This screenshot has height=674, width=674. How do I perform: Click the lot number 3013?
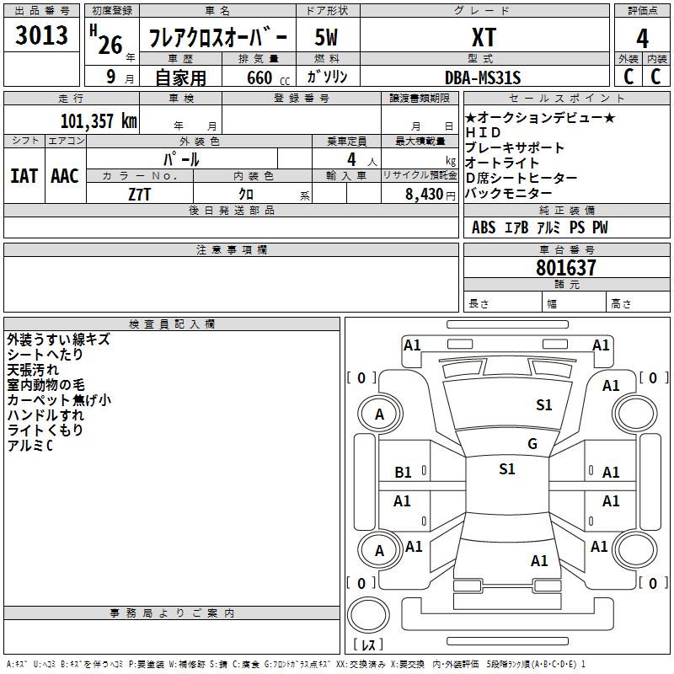tap(42, 35)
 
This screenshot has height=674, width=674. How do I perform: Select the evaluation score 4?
tap(643, 39)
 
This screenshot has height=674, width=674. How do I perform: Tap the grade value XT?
tap(484, 37)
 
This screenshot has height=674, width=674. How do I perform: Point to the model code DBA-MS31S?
tap(483, 78)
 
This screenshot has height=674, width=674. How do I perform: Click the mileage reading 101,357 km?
tap(99, 120)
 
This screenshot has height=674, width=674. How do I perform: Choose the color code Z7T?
tap(140, 194)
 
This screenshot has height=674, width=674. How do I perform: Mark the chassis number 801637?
tap(566, 268)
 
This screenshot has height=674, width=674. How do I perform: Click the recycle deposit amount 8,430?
tap(424, 194)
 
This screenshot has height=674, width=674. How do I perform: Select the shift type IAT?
tap(24, 175)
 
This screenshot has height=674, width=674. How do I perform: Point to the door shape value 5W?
tap(327, 38)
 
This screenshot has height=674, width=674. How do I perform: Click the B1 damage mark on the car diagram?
tap(404, 473)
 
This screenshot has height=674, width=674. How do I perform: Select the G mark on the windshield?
tap(532, 444)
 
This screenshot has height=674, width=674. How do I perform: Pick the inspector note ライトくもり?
tap(45, 431)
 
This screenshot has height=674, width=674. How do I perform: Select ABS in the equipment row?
tap(484, 227)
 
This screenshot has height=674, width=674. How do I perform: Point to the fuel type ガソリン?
tap(328, 78)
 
